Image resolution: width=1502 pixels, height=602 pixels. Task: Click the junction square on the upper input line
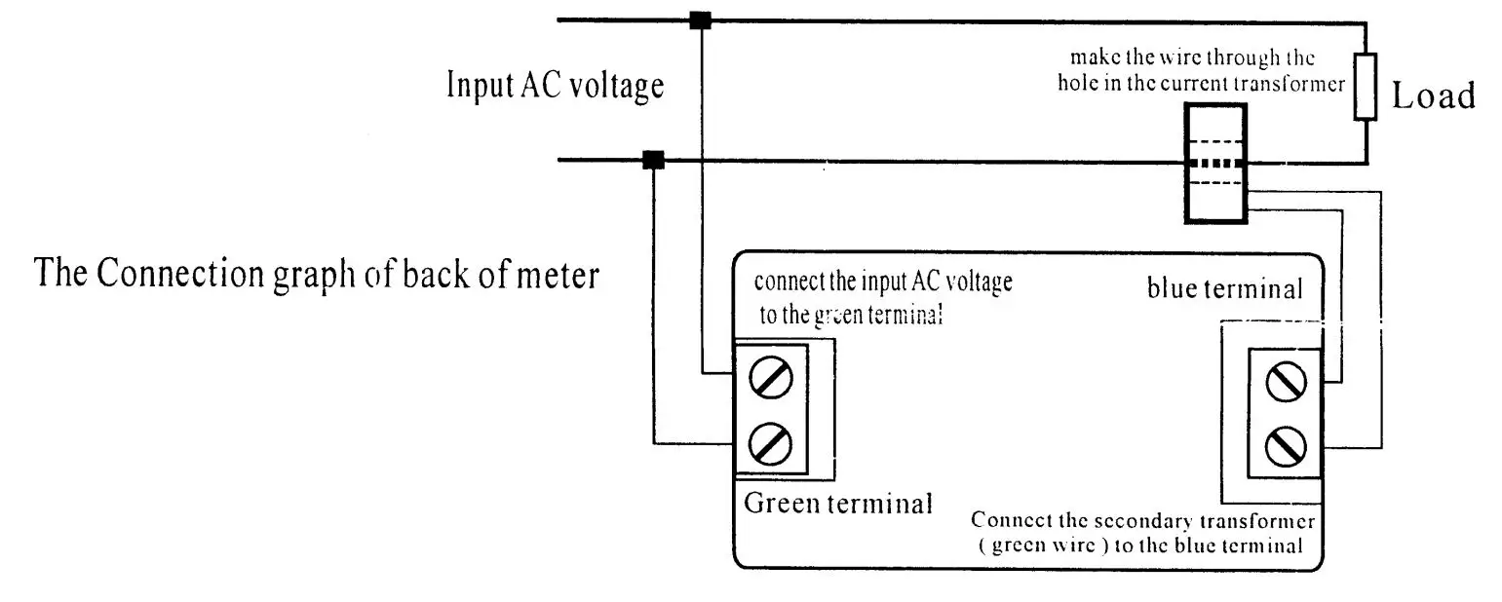(x=700, y=19)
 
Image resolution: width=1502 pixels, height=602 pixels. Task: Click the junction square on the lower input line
(x=654, y=160)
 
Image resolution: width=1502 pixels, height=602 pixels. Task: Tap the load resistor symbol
(x=1365, y=87)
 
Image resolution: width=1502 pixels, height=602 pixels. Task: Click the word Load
(x=1433, y=96)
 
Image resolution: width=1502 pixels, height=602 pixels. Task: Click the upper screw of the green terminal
(x=770, y=378)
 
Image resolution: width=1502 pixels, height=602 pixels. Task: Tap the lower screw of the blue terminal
(x=1285, y=447)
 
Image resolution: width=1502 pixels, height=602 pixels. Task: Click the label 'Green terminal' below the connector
(x=838, y=504)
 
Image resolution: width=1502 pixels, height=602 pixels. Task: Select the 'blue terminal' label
(x=1224, y=288)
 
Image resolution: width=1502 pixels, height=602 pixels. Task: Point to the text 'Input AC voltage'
(x=555, y=85)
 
